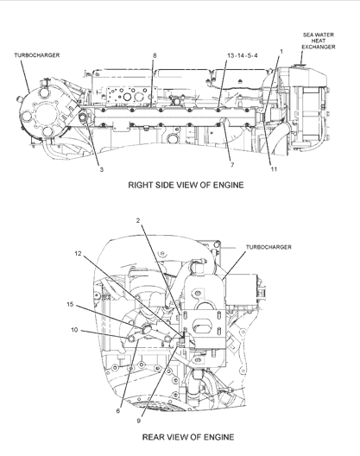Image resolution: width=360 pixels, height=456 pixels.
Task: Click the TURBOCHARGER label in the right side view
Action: (37, 55)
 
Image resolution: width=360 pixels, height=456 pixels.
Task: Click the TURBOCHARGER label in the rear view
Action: (268, 247)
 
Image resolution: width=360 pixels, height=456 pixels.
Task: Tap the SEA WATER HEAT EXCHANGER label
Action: (319, 41)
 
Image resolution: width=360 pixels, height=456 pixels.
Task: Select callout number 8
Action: (155, 55)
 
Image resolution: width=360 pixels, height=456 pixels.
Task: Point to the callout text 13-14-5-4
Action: (243, 55)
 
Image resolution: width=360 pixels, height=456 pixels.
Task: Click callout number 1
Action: (281, 52)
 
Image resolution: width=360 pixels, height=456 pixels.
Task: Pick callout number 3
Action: (102, 169)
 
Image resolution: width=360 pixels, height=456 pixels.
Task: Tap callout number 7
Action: (232, 165)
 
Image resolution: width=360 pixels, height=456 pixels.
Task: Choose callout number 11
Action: (274, 169)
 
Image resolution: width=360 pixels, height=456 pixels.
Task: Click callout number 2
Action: (138, 220)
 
